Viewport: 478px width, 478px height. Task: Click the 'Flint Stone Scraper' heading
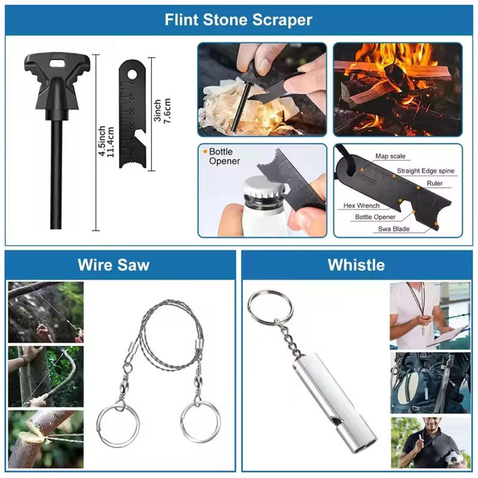click(x=238, y=20)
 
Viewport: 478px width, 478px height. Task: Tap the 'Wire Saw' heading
click(x=114, y=264)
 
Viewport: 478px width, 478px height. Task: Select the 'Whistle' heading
click(x=356, y=264)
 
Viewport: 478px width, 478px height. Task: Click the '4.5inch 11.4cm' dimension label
click(x=106, y=141)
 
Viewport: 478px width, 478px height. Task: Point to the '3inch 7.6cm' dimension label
click(x=162, y=110)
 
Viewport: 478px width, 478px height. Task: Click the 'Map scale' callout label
click(x=390, y=156)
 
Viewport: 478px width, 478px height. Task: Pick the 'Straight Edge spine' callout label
click(x=425, y=170)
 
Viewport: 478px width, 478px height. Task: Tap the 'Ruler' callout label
click(x=434, y=183)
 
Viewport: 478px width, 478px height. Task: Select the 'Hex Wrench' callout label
click(x=362, y=206)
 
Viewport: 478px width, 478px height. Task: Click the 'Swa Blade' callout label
click(x=394, y=228)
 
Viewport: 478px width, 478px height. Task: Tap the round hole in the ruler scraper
click(x=132, y=74)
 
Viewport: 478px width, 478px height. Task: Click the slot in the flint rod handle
click(x=57, y=63)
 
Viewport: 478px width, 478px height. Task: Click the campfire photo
click(x=398, y=89)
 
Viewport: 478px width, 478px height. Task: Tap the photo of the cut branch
click(x=46, y=439)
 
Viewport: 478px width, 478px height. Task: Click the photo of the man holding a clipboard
click(x=430, y=315)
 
